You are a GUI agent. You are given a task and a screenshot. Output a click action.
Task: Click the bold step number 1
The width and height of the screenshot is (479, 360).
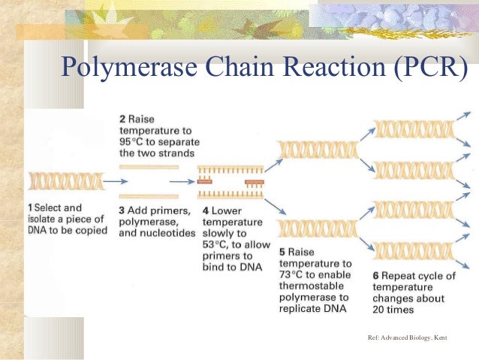[30, 207]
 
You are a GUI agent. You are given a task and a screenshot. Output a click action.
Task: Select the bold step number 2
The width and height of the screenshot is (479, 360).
[123, 119]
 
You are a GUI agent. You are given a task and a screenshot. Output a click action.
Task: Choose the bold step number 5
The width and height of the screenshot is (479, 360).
[282, 252]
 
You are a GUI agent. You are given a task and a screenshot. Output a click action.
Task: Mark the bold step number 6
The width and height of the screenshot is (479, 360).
[375, 276]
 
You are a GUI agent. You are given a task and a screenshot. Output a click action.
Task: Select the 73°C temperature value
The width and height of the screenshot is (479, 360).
[291, 275]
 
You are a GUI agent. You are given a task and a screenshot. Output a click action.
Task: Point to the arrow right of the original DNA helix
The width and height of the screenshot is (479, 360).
[115, 181]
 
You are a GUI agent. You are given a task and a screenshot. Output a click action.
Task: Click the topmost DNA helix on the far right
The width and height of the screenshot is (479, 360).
[414, 129]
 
